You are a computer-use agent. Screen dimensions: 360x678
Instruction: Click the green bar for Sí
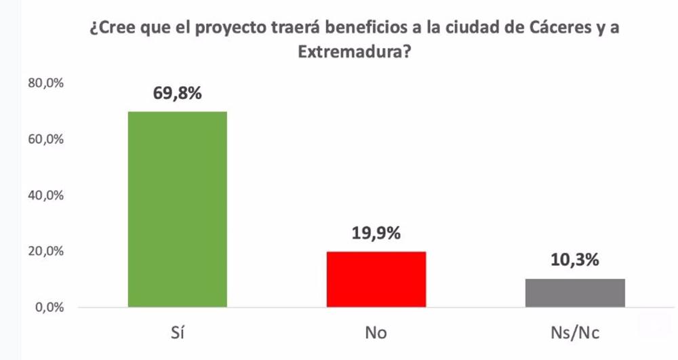pos(178,209)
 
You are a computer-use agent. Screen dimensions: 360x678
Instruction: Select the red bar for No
pos(376,279)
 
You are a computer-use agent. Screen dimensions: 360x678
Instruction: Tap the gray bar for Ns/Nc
pos(575,293)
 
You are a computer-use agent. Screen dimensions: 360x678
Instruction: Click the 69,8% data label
pos(178,94)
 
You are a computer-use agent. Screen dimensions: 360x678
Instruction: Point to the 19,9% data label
pos(376,234)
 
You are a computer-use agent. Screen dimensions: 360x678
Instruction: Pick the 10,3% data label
pos(575,261)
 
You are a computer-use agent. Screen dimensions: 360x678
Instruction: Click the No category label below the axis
pos(376,334)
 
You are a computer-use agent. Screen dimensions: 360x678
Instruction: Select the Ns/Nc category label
pos(575,334)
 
